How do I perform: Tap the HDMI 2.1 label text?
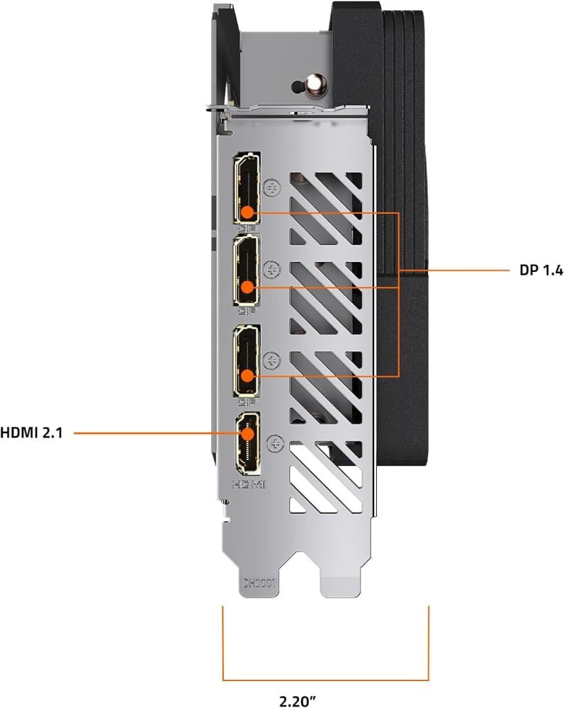tap(31, 433)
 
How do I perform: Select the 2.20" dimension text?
tap(298, 701)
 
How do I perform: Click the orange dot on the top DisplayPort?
tap(248, 212)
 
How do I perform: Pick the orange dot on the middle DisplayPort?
tap(248, 287)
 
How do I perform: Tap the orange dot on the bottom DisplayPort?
tap(248, 376)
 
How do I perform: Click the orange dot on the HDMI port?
tap(248, 433)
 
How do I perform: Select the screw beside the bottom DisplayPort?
tap(272, 360)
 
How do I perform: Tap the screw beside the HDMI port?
tap(275, 443)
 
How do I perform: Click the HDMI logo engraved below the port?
tap(249, 484)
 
